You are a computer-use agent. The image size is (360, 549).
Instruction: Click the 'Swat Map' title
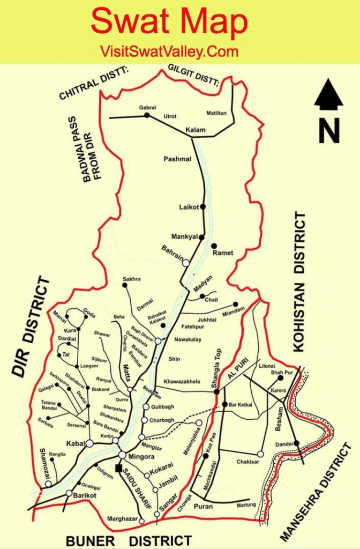[169, 23]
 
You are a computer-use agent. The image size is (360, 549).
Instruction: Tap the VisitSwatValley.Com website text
[169, 52]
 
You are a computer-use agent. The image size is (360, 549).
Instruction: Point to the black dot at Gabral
[147, 115]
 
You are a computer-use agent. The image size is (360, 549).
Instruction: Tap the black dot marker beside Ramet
[214, 246]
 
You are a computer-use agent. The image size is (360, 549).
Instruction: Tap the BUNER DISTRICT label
[129, 540]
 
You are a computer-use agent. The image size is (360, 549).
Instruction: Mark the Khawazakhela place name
[182, 382]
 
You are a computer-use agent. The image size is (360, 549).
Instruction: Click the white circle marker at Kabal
[89, 443]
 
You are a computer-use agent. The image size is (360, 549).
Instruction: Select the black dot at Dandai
[296, 443]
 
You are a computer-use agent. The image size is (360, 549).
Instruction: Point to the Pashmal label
[177, 159]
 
